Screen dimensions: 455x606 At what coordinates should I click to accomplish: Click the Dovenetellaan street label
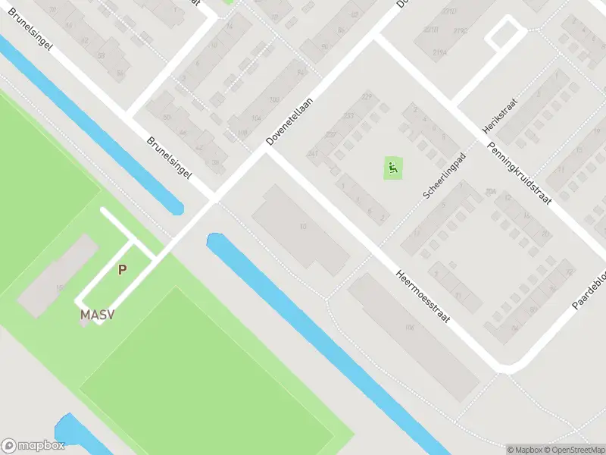click(x=290, y=121)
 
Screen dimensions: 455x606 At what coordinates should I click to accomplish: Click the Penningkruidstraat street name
click(x=519, y=172)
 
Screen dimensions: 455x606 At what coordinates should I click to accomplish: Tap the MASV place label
click(x=98, y=315)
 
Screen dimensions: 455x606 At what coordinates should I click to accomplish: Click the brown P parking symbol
click(x=122, y=269)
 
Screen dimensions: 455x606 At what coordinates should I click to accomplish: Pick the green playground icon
click(x=392, y=168)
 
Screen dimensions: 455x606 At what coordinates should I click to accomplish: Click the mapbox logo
click(x=33, y=445)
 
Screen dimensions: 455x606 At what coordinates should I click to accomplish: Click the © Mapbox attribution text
click(x=523, y=449)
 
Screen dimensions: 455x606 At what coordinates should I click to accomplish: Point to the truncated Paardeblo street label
click(x=589, y=290)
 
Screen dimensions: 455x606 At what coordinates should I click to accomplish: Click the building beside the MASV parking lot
click(x=57, y=275)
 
